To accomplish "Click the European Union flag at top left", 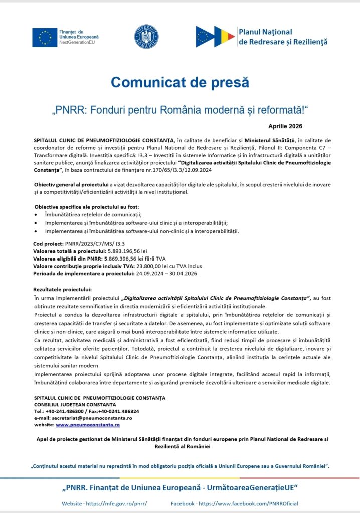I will (x=44, y=37).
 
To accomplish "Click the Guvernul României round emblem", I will (x=146, y=36).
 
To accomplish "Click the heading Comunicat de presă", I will (x=179, y=82).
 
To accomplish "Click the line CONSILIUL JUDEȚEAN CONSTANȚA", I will (x=74, y=404).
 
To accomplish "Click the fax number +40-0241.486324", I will (x=120, y=411).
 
